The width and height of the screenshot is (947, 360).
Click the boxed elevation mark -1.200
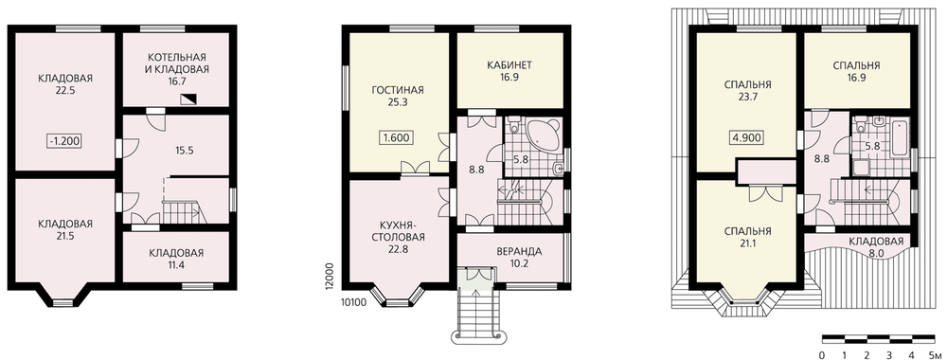point(65,142)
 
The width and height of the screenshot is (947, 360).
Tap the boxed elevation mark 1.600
point(396,137)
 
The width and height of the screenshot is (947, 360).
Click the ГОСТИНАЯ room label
point(398,91)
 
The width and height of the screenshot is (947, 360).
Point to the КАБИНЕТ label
point(509,64)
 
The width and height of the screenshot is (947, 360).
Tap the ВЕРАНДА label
point(519,251)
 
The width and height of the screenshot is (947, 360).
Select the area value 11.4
point(176,266)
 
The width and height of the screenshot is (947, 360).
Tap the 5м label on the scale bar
point(934,353)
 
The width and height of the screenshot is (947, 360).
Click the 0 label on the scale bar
point(822,353)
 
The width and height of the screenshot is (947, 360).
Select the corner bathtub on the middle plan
point(545,135)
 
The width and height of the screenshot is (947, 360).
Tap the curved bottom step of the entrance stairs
point(476,335)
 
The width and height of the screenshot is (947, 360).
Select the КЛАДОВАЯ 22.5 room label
point(65,84)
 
